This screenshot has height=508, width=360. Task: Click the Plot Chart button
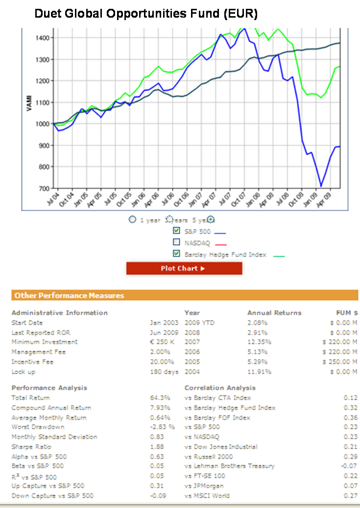pos(184,268)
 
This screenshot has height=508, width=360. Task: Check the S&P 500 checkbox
pos(177,231)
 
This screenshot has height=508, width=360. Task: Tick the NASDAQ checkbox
pos(177,242)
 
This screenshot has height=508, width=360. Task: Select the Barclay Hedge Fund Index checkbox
pos(177,254)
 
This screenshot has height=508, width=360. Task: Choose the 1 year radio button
pos(132,219)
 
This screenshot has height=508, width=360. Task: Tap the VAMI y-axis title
pos(29,103)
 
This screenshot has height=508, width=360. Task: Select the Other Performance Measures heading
pos(69,295)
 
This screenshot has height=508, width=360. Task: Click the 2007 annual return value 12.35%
pos(258,342)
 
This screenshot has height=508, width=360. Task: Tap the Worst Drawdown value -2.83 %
pos(162,427)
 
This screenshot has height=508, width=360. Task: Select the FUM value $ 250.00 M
pos(340,362)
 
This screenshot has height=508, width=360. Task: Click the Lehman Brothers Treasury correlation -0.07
pos(348,466)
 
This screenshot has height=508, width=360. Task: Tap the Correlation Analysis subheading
pos(220,388)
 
